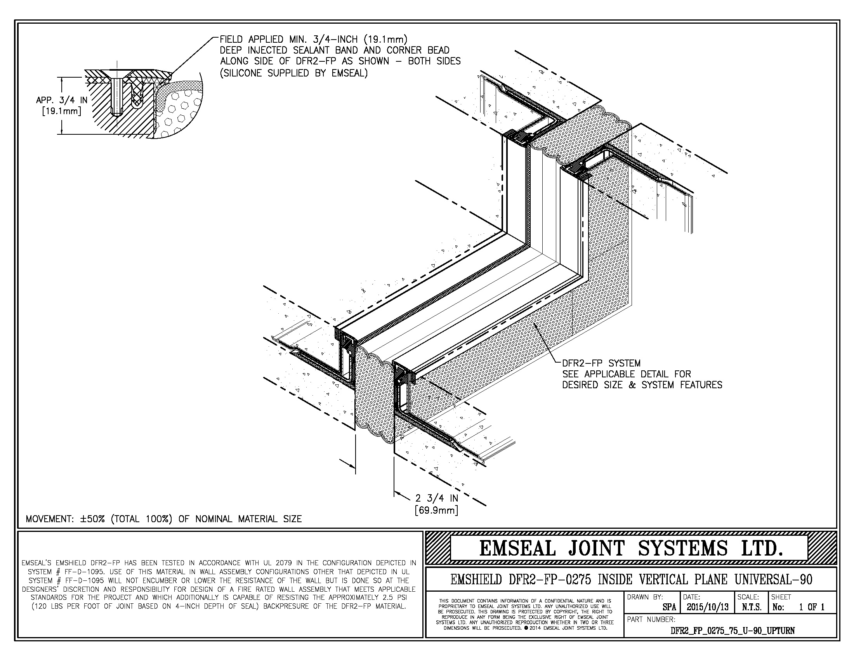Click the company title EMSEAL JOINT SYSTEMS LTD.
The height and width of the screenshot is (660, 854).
631,548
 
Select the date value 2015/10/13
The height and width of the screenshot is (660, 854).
707,607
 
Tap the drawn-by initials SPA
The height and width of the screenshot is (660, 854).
669,607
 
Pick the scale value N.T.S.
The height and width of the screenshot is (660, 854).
752,607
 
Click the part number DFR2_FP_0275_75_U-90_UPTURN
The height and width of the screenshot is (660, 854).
732,630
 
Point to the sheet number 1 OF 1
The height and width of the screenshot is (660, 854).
811,607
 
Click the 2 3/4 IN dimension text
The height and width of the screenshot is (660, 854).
436,498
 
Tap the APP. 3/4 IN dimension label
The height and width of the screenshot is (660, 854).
62,100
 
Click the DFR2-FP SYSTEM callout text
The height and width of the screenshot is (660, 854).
601,363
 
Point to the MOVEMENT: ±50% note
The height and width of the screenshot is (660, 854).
163,519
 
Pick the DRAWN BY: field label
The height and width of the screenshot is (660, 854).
645,597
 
